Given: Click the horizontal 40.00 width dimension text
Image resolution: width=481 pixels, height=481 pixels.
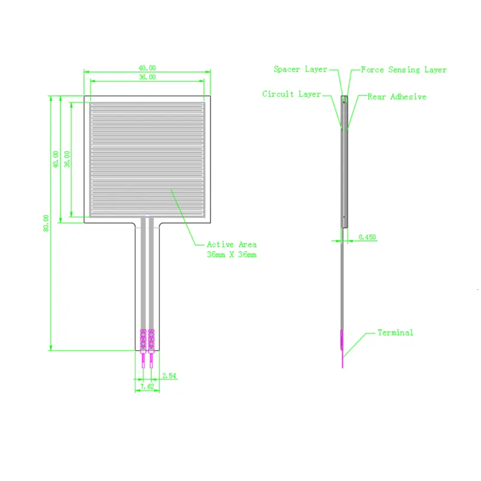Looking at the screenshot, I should [147, 68].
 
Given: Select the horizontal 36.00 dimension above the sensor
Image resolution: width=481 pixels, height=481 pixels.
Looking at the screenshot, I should [147, 77].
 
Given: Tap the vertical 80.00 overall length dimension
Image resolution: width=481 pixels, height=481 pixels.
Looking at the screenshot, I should [46, 223].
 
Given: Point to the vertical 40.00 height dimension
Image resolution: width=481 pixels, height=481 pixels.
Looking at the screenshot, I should [57, 159].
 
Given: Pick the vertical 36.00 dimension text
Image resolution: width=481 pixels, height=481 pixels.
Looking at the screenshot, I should [67, 159].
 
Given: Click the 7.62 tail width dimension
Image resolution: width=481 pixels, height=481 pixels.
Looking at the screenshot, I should [147, 387].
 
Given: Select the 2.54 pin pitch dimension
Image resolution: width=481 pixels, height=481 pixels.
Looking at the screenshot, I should [169, 376].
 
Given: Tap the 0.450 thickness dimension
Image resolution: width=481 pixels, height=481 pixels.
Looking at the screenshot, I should [367, 237].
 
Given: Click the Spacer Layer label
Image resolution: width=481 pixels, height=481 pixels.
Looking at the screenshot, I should [300, 70].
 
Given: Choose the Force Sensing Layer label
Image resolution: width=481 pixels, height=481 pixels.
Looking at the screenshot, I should [403, 70].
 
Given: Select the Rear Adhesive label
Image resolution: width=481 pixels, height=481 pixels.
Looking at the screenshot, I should [396, 97].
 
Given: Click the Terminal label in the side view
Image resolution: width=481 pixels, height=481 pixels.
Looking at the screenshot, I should [395, 332].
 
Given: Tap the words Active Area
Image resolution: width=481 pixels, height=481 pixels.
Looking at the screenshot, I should [231, 245].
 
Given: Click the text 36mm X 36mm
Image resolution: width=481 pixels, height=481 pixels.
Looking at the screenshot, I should [231, 255].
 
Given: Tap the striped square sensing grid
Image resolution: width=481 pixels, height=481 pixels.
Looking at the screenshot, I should [147, 159].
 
